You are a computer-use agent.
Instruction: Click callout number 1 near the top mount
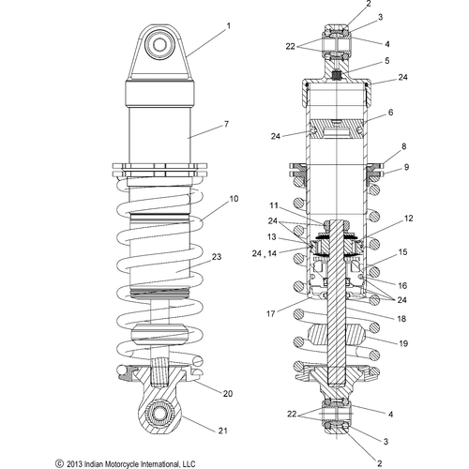click(229, 26)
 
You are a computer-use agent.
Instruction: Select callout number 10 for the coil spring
click(234, 199)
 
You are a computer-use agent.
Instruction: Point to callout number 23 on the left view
click(217, 257)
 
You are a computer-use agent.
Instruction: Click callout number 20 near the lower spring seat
click(228, 393)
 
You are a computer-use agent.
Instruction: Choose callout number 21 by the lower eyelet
click(222, 431)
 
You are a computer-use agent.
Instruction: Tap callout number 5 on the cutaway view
click(387, 60)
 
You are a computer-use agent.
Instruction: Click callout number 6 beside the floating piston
click(391, 113)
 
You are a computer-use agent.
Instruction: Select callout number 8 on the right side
click(404, 146)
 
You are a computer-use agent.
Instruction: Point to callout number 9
click(406, 167)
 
